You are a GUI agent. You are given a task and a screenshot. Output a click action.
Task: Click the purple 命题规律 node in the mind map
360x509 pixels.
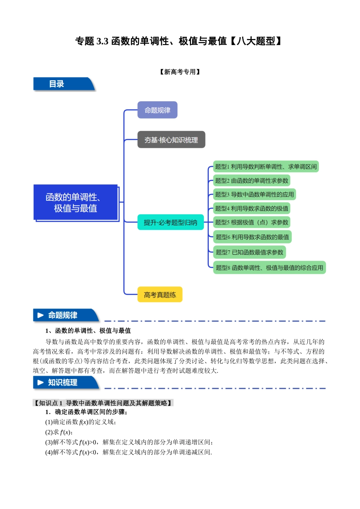(x=157, y=110)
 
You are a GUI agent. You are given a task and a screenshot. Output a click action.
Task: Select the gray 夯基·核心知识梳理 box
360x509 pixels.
(x=171, y=140)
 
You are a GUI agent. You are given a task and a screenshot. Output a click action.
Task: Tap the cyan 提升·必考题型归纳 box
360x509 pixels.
(x=171, y=222)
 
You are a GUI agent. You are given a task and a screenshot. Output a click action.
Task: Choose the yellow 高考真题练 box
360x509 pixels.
(x=160, y=295)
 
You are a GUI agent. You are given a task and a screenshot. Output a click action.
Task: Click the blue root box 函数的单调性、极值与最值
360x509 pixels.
(x=76, y=203)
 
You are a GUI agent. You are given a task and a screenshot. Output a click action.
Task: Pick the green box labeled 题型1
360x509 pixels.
(x=266, y=167)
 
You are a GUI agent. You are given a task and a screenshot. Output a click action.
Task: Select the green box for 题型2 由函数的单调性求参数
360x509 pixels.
(x=252, y=181)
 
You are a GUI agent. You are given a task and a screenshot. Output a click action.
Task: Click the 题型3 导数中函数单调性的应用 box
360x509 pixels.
(x=254, y=195)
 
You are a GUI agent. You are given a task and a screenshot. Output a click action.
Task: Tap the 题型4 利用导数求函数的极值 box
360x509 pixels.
(x=252, y=208)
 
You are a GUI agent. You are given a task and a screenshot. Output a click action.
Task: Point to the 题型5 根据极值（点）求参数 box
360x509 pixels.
(x=252, y=222)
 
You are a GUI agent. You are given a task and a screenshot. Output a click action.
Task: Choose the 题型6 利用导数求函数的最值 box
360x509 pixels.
(x=252, y=237)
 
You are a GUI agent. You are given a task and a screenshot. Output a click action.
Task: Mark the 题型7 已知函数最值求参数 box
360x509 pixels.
(x=249, y=252)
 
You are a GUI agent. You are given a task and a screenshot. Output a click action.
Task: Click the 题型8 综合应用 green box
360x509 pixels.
(x=269, y=268)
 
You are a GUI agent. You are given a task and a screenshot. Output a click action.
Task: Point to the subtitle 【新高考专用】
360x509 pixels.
(x=180, y=72)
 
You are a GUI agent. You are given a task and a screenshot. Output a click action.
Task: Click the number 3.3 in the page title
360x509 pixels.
(x=102, y=41)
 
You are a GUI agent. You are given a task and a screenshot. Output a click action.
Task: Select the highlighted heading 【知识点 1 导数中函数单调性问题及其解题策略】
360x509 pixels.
(x=103, y=403)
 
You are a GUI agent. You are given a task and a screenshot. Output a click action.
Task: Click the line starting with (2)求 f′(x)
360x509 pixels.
(x=59, y=432)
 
